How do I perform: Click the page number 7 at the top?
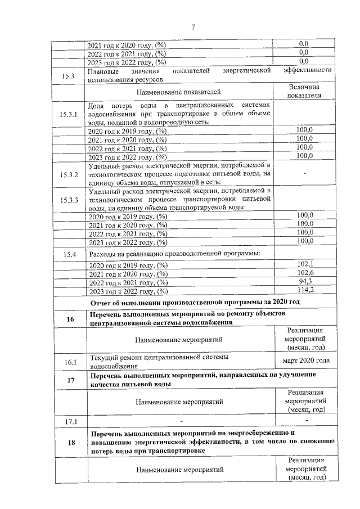(x=192, y=28)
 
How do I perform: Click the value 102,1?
(x=305, y=264)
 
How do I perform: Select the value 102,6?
(x=305, y=273)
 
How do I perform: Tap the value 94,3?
(x=305, y=281)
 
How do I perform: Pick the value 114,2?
(x=305, y=290)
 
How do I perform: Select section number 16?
(x=70, y=319)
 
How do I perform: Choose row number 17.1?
(x=69, y=421)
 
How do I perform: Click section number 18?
(x=70, y=443)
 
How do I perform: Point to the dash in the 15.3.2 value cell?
(x=305, y=174)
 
